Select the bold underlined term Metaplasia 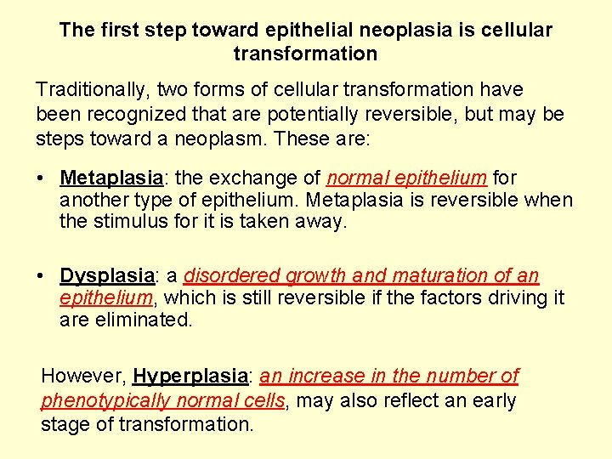pyautogui.click(x=110, y=178)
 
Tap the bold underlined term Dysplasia pyautogui.click(x=107, y=276)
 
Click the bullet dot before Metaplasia pyautogui.click(x=41, y=179)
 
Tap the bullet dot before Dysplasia pyautogui.click(x=41, y=277)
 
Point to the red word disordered pyautogui.click(x=232, y=276)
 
